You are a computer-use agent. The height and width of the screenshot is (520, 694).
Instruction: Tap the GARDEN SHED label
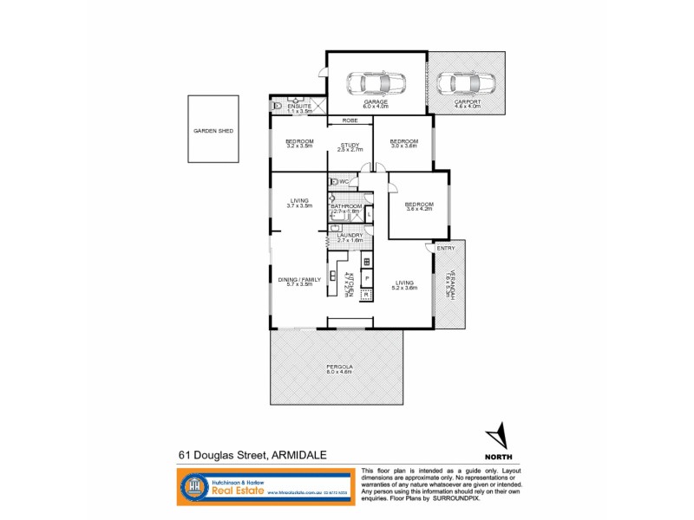[x=213, y=131]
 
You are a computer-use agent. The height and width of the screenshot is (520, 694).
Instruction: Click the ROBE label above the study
[x=350, y=120]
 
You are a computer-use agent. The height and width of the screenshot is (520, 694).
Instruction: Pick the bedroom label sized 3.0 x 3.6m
[x=403, y=143]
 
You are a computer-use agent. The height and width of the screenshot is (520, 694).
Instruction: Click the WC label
[x=344, y=181]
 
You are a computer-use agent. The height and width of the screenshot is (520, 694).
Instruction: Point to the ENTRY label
[x=446, y=249]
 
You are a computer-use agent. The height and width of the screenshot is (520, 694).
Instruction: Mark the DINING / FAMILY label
[x=299, y=281]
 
